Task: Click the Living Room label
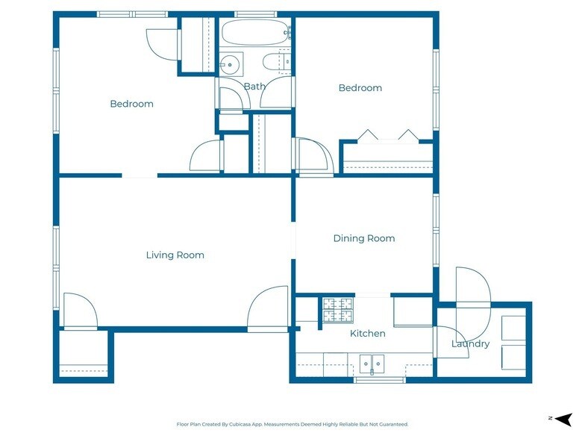(x=175, y=255)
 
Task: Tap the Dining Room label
(x=364, y=238)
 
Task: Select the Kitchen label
(x=367, y=333)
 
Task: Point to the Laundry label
(x=470, y=343)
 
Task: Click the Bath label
(x=255, y=87)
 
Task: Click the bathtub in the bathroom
(x=255, y=32)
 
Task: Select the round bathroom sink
(x=230, y=64)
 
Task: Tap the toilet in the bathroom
(x=272, y=62)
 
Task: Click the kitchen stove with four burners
(x=337, y=310)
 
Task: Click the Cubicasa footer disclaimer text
(x=292, y=424)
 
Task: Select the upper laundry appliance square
(x=513, y=328)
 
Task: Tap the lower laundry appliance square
(x=513, y=357)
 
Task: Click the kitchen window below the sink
(x=379, y=380)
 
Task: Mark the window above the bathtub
(x=256, y=15)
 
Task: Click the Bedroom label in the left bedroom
(x=131, y=104)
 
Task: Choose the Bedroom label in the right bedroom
(x=360, y=88)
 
